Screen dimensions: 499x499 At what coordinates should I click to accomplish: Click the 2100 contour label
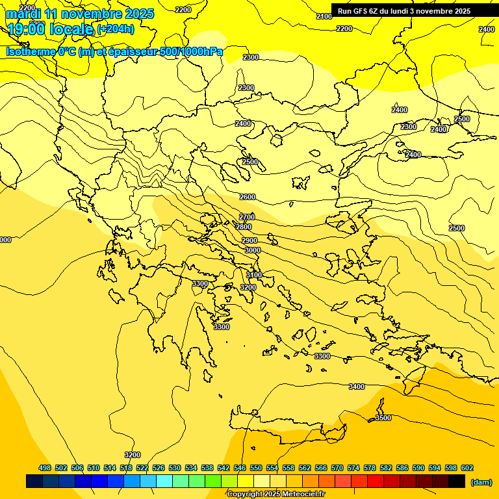pyautogui.click(x=324, y=16)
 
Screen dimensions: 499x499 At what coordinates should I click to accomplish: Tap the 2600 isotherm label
pyautogui.click(x=248, y=197)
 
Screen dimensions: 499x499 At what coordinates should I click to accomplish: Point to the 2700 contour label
pyautogui.click(x=247, y=217)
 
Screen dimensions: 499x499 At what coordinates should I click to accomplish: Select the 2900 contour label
pyautogui.click(x=249, y=240)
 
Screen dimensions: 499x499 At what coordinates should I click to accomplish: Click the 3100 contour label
pyautogui.click(x=254, y=275)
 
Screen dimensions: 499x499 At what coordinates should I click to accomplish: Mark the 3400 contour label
pyautogui.click(x=357, y=387)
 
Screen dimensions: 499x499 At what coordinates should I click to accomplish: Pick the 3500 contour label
pyautogui.click(x=383, y=418)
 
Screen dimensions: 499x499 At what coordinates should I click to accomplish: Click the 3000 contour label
pyautogui.click(x=253, y=250)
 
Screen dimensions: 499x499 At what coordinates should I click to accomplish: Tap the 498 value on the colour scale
pyautogui.click(x=45, y=468)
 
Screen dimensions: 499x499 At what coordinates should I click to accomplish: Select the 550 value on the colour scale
pyautogui.click(x=256, y=468)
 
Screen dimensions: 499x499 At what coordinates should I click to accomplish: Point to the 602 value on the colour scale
pyautogui.click(x=467, y=468)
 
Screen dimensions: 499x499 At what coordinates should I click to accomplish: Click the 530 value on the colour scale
pyautogui.click(x=175, y=468)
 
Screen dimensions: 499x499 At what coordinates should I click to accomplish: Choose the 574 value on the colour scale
pyautogui.click(x=353, y=468)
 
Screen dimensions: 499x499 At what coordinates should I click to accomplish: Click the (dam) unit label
pyautogui.click(x=480, y=482)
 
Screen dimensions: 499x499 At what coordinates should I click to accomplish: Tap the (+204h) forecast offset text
pyautogui.click(x=116, y=29)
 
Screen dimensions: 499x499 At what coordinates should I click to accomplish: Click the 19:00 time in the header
pyautogui.click(x=27, y=29)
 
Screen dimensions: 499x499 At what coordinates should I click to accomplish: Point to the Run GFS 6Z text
pyautogui.click(x=364, y=11)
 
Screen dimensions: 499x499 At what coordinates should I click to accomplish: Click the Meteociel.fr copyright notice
pyautogui.click(x=275, y=494)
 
